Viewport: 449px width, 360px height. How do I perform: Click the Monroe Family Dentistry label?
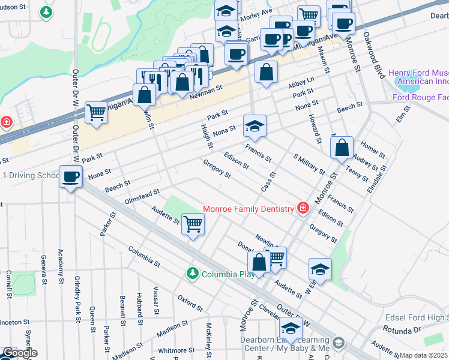248,209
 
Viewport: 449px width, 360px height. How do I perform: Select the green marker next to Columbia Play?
193,274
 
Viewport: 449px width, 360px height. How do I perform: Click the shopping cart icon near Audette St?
193,224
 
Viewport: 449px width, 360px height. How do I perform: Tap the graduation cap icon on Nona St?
255,127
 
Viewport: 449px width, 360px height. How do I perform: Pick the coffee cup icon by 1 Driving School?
71,176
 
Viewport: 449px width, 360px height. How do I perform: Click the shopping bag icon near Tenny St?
342,148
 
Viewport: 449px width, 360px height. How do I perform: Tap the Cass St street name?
268,182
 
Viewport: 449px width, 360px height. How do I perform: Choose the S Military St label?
309,163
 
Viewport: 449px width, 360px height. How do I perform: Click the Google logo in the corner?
19,353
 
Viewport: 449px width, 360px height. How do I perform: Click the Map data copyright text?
423,355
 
